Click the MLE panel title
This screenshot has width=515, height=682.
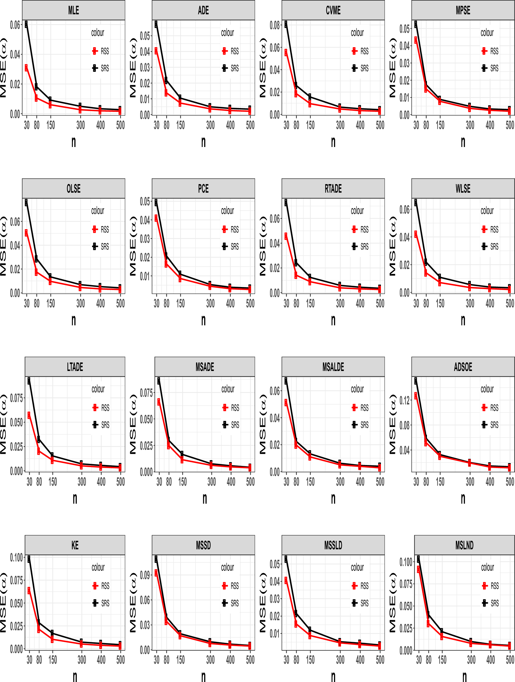(73, 10)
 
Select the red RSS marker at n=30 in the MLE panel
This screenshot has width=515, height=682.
(26, 68)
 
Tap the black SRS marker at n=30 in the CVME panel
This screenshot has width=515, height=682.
(286, 24)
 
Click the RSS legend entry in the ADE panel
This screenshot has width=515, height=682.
(230, 51)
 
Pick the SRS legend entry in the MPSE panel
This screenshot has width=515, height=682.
(490, 68)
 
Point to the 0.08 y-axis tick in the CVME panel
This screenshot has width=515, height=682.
(275, 25)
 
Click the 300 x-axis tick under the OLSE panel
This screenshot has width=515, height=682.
(80, 303)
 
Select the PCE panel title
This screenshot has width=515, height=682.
(203, 188)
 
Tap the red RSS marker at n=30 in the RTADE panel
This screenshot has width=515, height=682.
(286, 236)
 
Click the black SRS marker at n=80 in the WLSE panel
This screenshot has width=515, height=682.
(426, 262)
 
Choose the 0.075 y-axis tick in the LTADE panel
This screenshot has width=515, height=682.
(17, 398)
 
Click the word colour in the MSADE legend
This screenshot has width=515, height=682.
(228, 389)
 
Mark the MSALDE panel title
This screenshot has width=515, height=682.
(333, 367)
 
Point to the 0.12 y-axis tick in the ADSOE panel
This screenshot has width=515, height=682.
(404, 400)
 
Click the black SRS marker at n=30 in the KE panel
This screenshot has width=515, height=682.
(29, 559)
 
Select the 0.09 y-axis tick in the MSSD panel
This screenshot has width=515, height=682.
(145, 575)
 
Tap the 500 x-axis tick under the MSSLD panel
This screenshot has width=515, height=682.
(380, 659)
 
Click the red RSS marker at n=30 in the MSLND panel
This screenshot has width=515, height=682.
(419, 569)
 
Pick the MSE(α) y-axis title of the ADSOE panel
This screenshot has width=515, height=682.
(392, 424)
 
